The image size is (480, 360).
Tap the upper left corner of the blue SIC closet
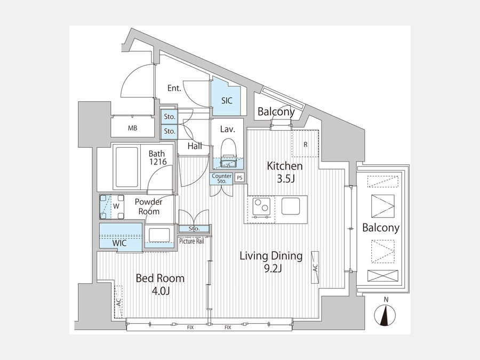click(212, 76)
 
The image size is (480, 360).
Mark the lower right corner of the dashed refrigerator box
click(319, 157)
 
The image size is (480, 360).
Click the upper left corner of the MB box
click(111, 116)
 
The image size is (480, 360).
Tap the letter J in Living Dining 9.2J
click(279, 268)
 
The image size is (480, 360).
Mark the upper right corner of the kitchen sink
click(300, 198)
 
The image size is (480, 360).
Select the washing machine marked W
click(112, 207)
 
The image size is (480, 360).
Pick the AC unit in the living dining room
click(315, 267)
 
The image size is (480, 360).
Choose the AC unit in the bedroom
click(118, 301)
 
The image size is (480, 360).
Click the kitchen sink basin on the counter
click(291, 206)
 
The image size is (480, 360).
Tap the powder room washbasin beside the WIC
click(159, 235)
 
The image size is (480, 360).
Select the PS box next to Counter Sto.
click(239, 178)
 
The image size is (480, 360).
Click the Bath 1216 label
click(157, 157)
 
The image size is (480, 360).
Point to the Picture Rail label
click(191, 241)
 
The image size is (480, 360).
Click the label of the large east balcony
click(380, 227)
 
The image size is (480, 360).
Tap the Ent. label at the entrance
click(174, 88)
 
